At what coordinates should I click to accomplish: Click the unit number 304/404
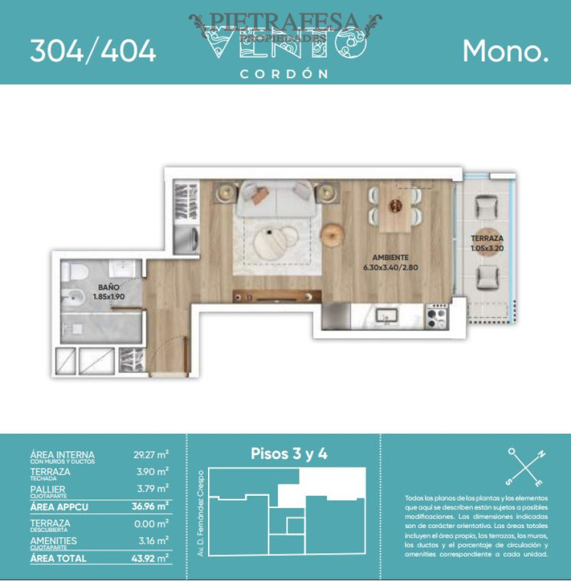tap(93, 51)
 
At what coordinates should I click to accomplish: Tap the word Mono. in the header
tap(505, 51)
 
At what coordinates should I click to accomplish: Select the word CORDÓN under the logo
tap(284, 74)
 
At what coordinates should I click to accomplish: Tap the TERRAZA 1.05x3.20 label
tap(488, 243)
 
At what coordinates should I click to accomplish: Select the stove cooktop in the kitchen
tap(437, 317)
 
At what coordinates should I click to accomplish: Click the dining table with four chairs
tap(395, 207)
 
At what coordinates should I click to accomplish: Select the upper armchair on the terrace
tap(485, 207)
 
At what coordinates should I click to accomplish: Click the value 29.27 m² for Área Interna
tap(151, 455)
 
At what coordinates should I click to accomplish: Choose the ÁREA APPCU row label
tap(59, 507)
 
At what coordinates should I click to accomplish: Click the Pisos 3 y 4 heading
tap(289, 454)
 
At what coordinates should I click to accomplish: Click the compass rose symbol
tap(525, 467)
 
